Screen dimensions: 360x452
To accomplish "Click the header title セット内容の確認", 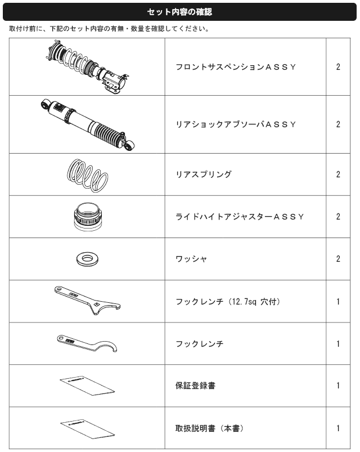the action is click(179, 12).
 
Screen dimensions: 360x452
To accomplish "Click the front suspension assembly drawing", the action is click(87, 66).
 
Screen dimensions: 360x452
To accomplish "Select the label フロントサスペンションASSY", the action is click(236, 67).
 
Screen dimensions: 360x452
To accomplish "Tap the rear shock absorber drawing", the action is click(88, 124).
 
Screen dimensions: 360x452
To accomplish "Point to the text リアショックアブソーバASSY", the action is click(236, 124).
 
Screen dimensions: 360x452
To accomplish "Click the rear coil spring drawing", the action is click(88, 175).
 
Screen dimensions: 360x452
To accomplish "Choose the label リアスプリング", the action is click(204, 174).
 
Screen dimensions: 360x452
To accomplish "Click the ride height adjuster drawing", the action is click(88, 217).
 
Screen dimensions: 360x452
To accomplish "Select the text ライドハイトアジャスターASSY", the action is click(240, 217).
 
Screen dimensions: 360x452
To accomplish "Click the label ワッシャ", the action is click(191, 259).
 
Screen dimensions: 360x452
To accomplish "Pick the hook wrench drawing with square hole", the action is click(87, 301).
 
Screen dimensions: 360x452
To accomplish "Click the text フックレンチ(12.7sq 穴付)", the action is click(228, 302).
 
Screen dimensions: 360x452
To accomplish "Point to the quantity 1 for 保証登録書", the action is click(338, 386).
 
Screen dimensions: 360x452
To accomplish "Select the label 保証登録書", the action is click(195, 386).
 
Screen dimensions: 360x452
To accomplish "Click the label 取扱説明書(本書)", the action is click(210, 428).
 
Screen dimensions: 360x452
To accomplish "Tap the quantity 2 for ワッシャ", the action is click(338, 258).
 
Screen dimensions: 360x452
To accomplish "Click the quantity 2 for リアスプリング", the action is click(338, 174).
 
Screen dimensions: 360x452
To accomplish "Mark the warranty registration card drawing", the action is click(87, 386).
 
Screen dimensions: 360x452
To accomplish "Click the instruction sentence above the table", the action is click(109, 29).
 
